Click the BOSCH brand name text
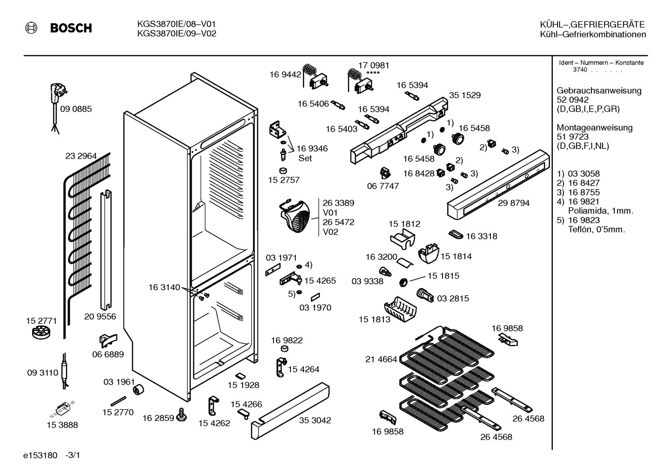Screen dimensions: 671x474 pos(71,28)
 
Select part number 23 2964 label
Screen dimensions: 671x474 pos(81,156)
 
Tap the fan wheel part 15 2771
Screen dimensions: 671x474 pos(41,333)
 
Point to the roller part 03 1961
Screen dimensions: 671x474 pos(138,389)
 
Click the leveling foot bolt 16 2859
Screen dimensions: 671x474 pos(181,415)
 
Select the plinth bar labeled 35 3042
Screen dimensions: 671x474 pos(290,411)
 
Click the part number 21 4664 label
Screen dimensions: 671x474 pos(381,359)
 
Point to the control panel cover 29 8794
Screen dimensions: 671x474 pos(498,185)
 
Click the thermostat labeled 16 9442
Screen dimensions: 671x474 pos(315,76)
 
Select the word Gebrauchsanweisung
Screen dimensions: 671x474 pos(599,90)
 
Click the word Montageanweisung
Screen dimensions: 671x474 pos(595,127)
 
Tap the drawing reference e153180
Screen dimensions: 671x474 pos(40,455)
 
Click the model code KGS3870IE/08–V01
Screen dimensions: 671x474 pos(176,24)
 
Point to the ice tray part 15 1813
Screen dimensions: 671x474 pos(400,309)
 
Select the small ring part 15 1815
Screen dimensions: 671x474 pos(403,282)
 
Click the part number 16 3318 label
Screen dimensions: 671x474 pos(482,236)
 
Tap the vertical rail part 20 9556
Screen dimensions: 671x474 pos(106,250)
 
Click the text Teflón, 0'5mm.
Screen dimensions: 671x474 pos(597,230)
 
